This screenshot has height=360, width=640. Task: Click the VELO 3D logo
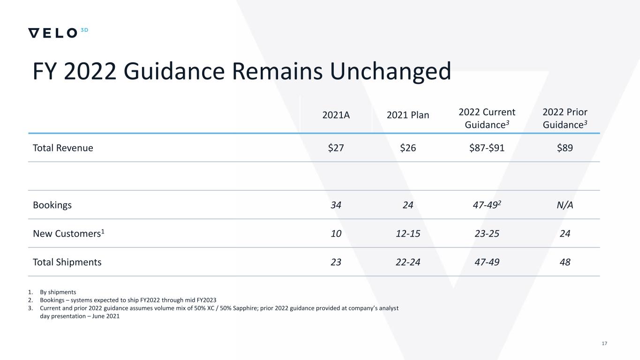(58, 33)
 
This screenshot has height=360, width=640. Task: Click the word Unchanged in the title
(390, 71)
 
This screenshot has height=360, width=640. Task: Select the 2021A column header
(336, 115)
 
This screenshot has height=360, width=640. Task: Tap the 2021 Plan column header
(408, 115)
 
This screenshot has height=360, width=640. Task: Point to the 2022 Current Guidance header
(487, 118)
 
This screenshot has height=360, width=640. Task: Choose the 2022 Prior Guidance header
(565, 118)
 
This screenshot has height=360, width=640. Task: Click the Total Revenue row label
(63, 148)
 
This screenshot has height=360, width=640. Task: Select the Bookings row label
(53, 205)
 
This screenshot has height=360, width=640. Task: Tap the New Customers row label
(68, 233)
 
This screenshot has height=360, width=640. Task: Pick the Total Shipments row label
(67, 262)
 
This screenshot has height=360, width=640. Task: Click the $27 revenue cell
(336, 148)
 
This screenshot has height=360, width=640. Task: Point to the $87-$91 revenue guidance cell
(487, 148)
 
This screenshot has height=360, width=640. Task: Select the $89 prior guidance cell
(565, 148)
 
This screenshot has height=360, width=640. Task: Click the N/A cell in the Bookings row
(565, 205)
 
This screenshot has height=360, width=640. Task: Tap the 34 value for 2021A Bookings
(336, 205)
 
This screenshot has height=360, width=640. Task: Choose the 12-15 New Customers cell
(408, 233)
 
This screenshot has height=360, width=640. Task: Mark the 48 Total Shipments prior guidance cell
(565, 262)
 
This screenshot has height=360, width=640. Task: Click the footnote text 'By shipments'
(58, 292)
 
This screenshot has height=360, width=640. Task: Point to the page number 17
(604, 344)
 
